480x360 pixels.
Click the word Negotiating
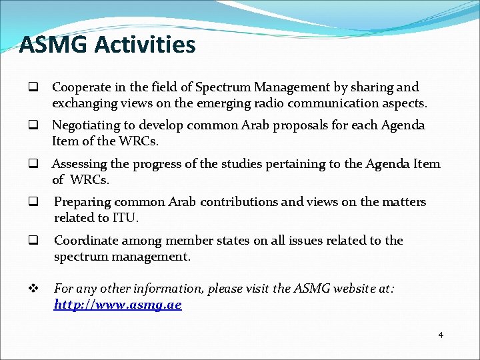pos(86,125)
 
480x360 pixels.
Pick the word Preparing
pos(82,202)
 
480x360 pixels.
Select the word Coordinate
pos(86,241)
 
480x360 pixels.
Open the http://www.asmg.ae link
pos(118,305)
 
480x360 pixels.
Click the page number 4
pos(440,335)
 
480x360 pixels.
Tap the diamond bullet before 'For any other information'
pos(31,289)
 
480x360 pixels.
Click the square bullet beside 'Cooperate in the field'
pos(31,87)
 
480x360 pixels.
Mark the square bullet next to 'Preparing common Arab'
pos(31,202)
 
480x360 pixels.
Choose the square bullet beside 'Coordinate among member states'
pos(31,241)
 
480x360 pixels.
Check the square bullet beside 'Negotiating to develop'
pos(31,125)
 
